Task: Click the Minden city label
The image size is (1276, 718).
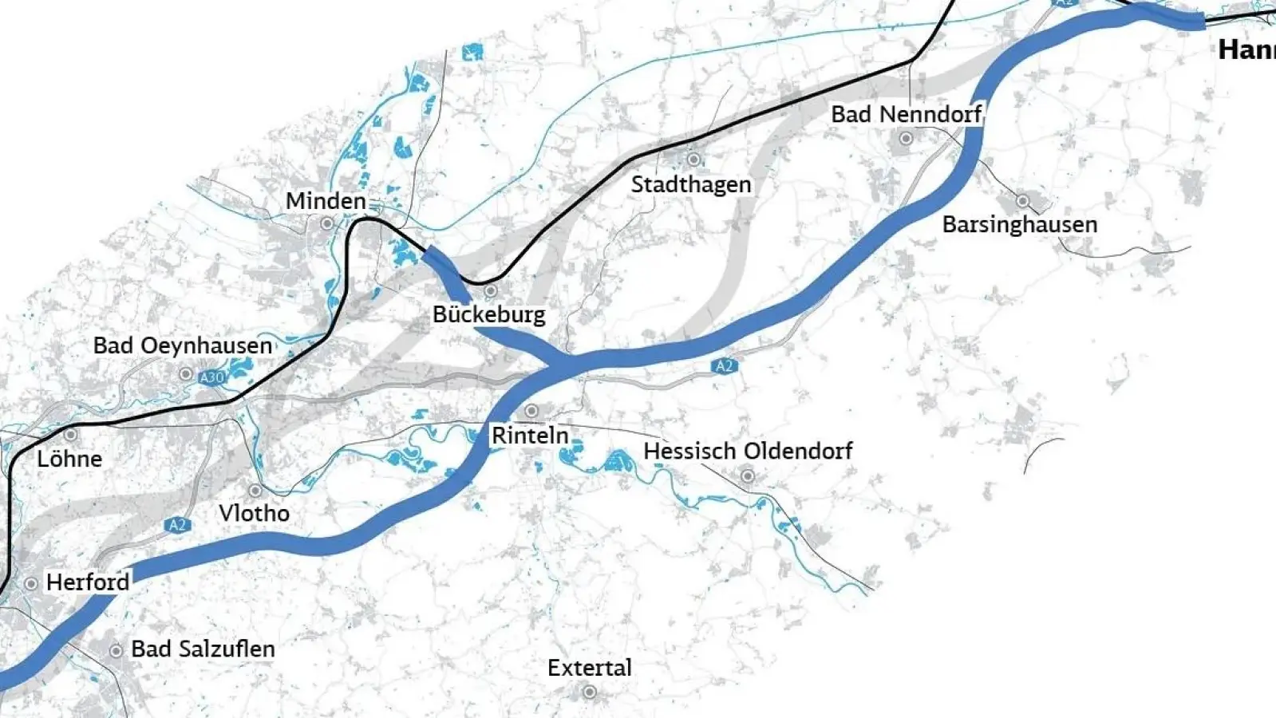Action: point(326,201)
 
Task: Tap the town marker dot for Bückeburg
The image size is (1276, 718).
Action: point(491,290)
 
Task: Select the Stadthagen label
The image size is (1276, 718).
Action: point(691,185)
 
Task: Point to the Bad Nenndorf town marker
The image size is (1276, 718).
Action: point(906,138)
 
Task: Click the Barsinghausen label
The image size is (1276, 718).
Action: point(1019,225)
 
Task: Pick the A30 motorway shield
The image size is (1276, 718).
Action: point(211,377)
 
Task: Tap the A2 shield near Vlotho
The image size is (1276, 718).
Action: point(177,525)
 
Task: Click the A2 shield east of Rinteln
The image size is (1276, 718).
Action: point(723,366)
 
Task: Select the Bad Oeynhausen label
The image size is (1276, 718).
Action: point(183,346)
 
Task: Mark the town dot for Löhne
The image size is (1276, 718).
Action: point(70,435)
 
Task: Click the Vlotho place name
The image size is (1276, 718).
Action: point(254,513)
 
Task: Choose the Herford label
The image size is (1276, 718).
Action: point(87,582)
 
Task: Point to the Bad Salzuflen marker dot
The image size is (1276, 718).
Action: point(116,651)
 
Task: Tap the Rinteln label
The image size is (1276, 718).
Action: point(530,436)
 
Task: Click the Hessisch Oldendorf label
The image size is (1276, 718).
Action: point(748,452)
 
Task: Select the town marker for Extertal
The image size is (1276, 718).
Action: point(590,692)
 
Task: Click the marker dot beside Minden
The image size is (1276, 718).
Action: point(326,224)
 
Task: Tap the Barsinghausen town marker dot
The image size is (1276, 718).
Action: point(1022,201)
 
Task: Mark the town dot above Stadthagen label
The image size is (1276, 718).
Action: point(693,160)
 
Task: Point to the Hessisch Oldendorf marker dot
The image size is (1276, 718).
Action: point(748,476)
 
